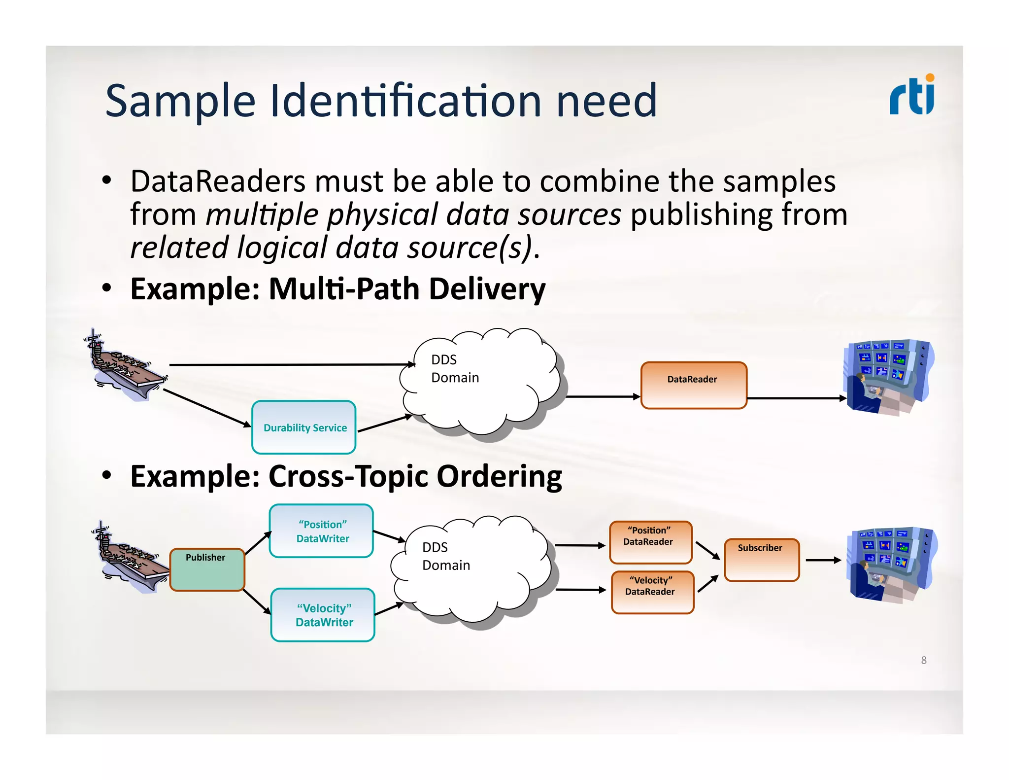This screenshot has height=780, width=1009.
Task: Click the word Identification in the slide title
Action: pos(406,101)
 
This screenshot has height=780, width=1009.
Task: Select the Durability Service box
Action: pos(304,427)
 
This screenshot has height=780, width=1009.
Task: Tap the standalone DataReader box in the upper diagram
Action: pos(693,385)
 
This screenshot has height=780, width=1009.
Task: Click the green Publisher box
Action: pos(207,569)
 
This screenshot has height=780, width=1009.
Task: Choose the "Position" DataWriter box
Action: pos(322,531)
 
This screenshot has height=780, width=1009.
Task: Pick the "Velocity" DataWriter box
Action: pos(323,614)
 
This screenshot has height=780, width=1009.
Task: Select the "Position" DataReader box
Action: pos(650,542)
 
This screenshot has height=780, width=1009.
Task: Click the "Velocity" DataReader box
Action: pos(652,592)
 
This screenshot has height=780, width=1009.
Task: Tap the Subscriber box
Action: pos(761,560)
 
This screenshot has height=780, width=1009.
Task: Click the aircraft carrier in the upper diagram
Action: pos(126,367)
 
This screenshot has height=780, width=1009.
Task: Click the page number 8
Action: pos(924,660)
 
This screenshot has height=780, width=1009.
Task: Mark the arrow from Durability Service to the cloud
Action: pos(384,424)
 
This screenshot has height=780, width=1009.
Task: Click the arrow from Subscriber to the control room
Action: pos(823,560)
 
